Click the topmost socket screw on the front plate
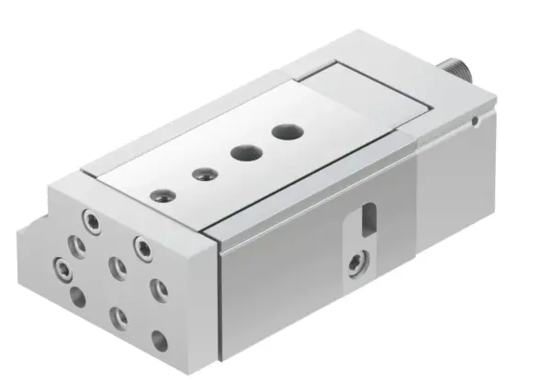pyautogui.click(x=89, y=221)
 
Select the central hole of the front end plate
pyautogui.click(x=116, y=266)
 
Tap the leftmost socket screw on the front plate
pyautogui.click(x=62, y=269)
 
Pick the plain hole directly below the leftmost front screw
pyautogui.click(x=77, y=297)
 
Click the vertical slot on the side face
pyautogui.click(x=369, y=220)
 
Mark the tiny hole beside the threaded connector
pyautogui.click(x=475, y=117)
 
